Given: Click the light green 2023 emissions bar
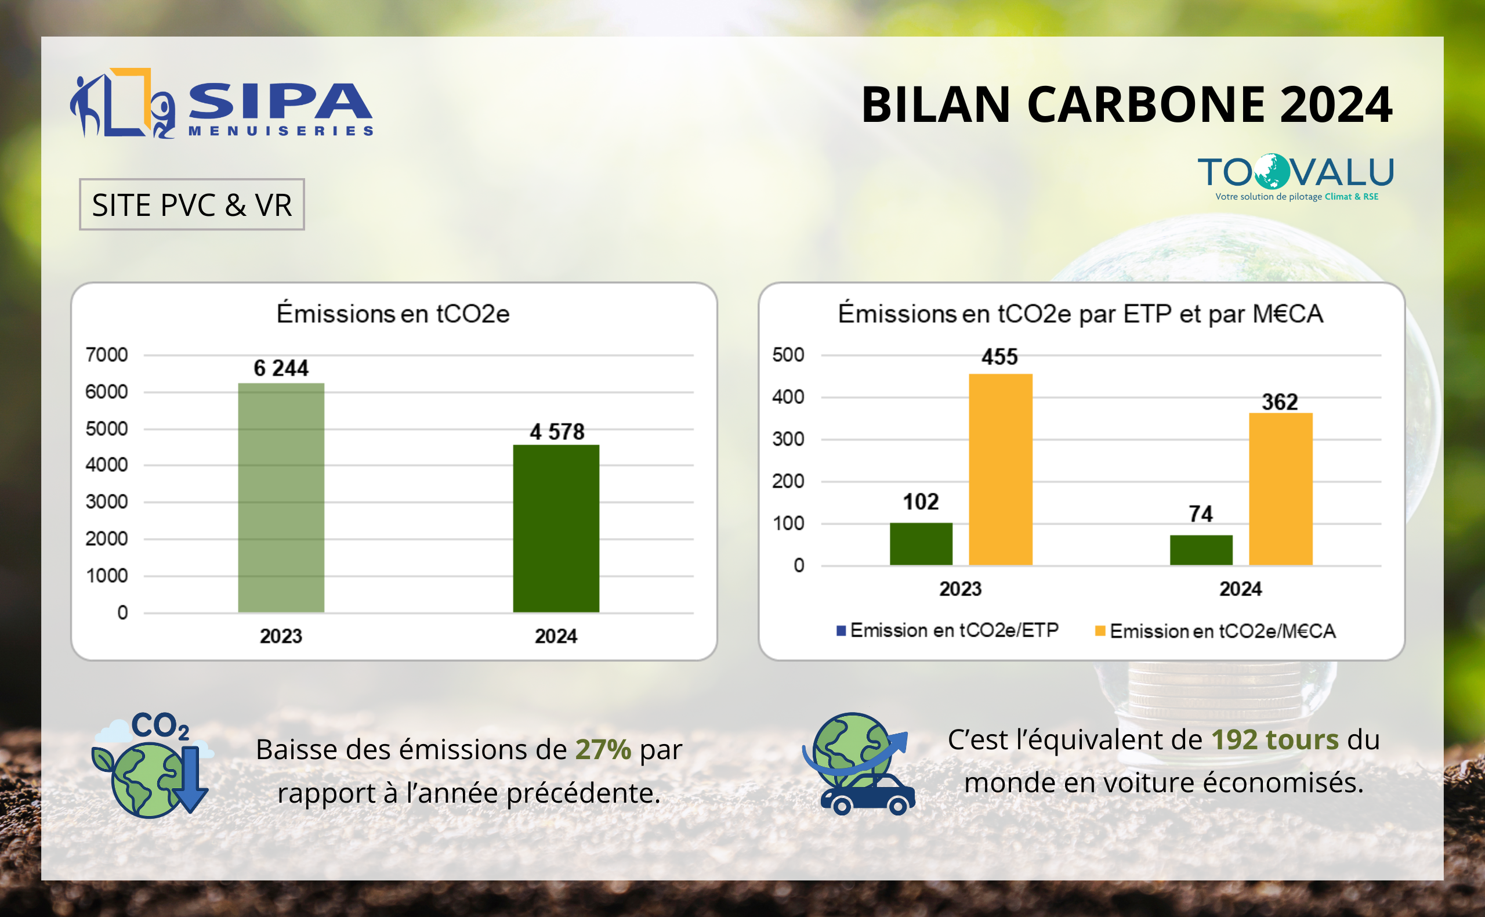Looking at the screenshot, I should pyautogui.click(x=281, y=497).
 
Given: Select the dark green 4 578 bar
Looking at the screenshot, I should pyautogui.click(x=556, y=528).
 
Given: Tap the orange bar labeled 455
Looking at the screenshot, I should pyautogui.click(x=1000, y=470).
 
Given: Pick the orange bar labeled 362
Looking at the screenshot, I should pyautogui.click(x=1280, y=489).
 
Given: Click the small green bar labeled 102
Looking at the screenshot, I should pyautogui.click(x=921, y=543).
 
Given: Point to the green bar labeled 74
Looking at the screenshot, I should pyautogui.click(x=1201, y=550).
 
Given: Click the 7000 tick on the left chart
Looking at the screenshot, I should pyautogui.click(x=107, y=355).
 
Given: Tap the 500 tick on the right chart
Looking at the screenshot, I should pyautogui.click(x=787, y=355).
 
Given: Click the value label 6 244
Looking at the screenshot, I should pyautogui.click(x=281, y=368).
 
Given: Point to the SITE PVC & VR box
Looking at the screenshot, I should pyautogui.click(x=191, y=204).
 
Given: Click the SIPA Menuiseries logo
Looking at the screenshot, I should pyautogui.click(x=221, y=104).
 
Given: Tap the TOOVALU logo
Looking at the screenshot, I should pyautogui.click(x=1295, y=176).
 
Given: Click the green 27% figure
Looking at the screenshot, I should pyautogui.click(x=603, y=749).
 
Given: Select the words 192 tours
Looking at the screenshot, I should pyautogui.click(x=1274, y=739).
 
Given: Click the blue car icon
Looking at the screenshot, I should pyautogui.click(x=867, y=795).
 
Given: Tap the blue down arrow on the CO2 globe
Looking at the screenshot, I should pyautogui.click(x=191, y=779).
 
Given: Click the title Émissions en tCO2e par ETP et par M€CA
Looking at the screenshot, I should pyautogui.click(x=1080, y=313).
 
